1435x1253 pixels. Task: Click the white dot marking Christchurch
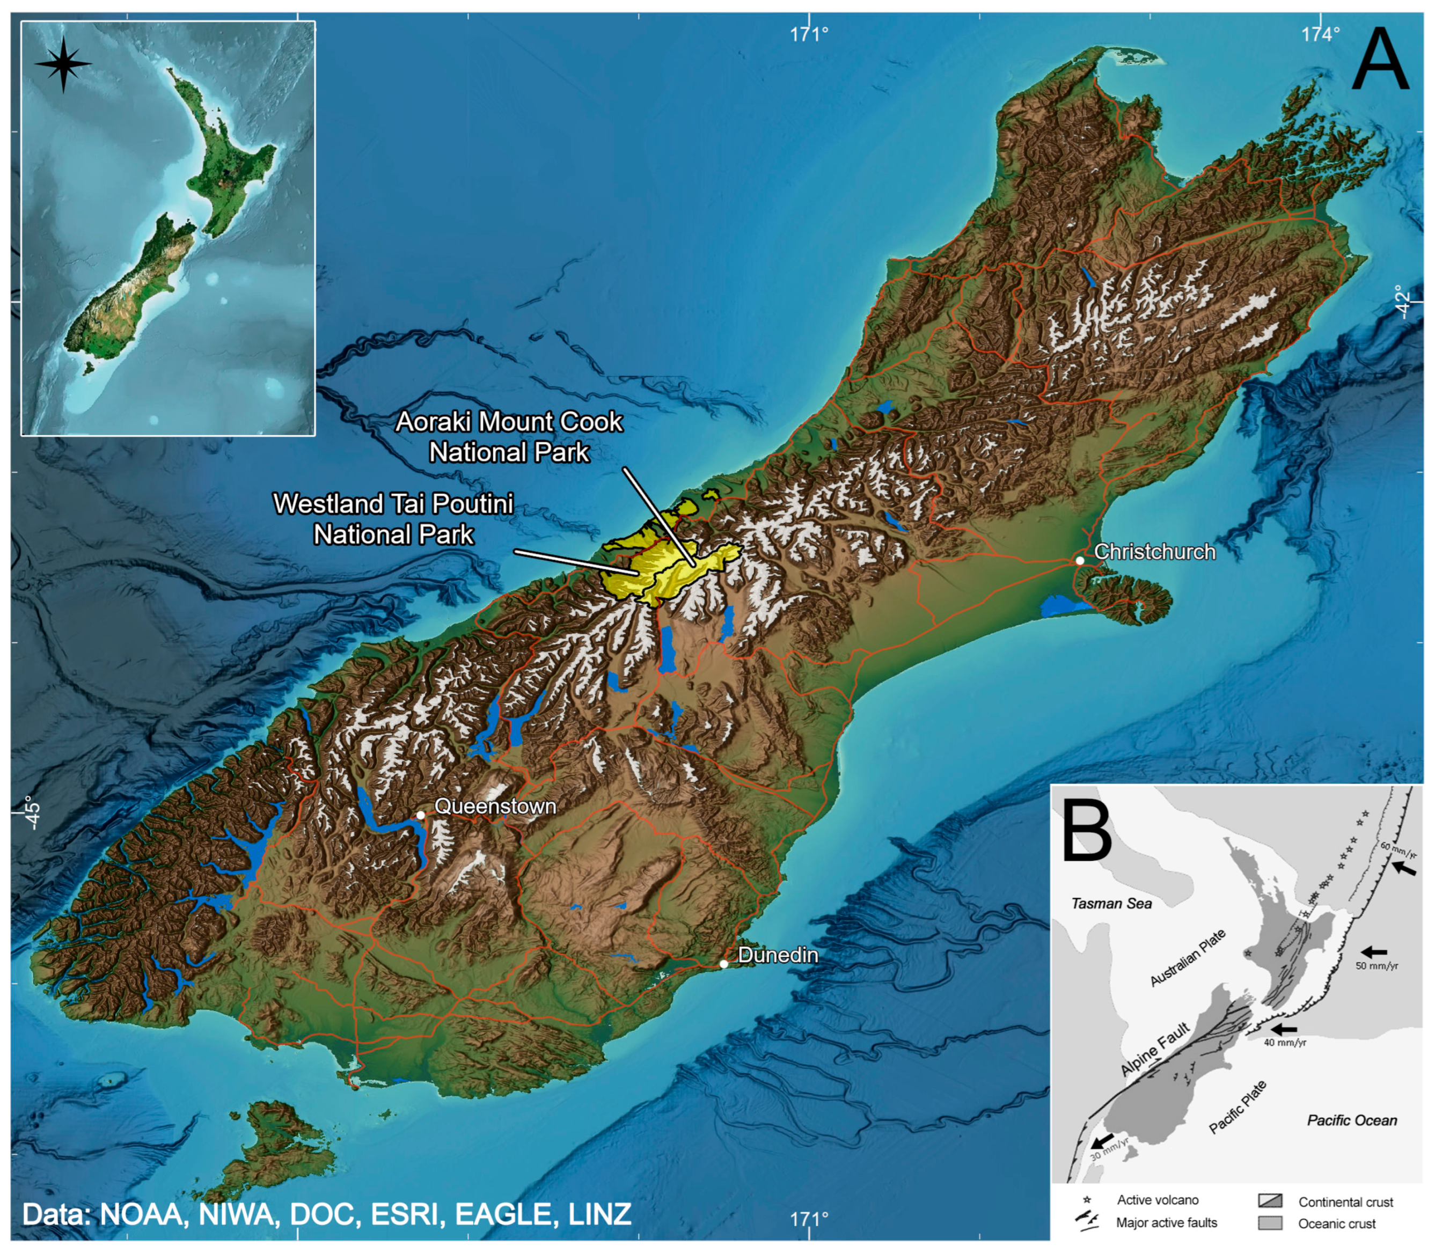(x=1080, y=561)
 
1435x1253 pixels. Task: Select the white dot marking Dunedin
(x=724, y=964)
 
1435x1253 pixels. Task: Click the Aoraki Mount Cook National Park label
(x=509, y=437)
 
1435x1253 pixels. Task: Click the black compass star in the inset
(x=63, y=64)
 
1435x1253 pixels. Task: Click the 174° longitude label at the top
(x=1320, y=34)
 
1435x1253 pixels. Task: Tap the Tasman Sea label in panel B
(x=1111, y=903)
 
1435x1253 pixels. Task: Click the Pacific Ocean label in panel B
(x=1352, y=1120)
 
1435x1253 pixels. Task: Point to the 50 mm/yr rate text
(x=1377, y=965)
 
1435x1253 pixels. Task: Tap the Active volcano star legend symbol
(x=1087, y=1200)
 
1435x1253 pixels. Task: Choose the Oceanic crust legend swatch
(x=1270, y=1223)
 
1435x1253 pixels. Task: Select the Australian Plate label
(x=1188, y=957)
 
